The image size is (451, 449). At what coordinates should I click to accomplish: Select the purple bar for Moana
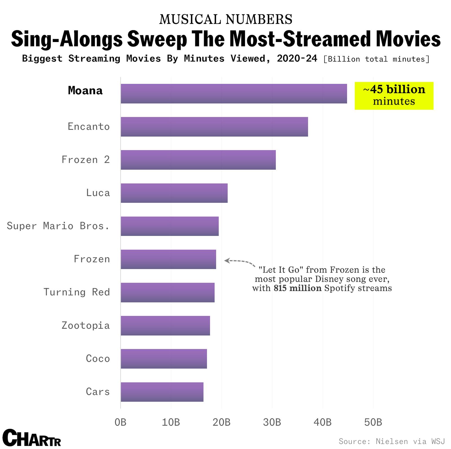(234, 94)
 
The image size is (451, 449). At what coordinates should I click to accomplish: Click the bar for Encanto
(214, 127)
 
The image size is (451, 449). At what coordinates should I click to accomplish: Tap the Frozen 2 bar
(198, 160)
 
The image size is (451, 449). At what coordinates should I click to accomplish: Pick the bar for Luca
(174, 193)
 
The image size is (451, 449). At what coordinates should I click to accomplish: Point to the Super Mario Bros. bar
(169, 226)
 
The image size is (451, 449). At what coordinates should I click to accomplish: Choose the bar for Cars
(162, 392)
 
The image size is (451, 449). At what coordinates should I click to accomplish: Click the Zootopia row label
(86, 326)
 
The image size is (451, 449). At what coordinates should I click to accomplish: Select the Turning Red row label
(76, 292)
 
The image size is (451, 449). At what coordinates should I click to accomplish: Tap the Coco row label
(98, 359)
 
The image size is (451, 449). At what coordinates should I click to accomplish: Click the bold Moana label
(85, 91)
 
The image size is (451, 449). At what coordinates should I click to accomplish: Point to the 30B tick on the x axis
(272, 422)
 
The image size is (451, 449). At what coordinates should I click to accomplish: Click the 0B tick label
(120, 422)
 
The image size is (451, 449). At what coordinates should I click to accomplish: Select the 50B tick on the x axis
(373, 422)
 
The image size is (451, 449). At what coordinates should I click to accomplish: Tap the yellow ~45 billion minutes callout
(394, 96)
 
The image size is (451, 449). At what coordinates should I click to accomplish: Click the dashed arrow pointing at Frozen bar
(240, 262)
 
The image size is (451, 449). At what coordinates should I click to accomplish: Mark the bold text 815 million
(297, 288)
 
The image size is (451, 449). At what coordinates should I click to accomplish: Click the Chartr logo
(32, 438)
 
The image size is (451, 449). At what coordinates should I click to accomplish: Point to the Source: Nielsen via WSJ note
(392, 441)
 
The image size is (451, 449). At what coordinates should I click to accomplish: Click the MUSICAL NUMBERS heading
(225, 19)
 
